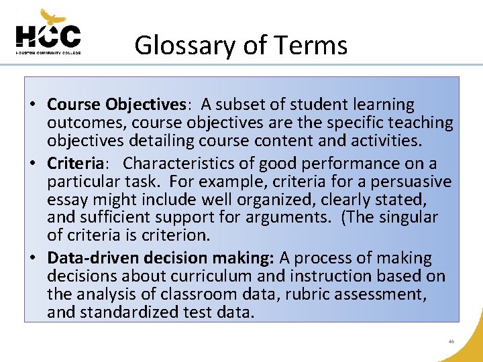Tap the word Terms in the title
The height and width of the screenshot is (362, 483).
315,46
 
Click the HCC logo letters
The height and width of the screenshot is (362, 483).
48,36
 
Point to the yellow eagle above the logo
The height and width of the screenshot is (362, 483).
52,17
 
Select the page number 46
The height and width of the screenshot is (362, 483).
451,341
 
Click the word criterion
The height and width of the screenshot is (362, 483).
177,235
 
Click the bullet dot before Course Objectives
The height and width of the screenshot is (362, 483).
32,105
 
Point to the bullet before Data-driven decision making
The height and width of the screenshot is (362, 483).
32,259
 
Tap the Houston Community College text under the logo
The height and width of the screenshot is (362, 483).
48,52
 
